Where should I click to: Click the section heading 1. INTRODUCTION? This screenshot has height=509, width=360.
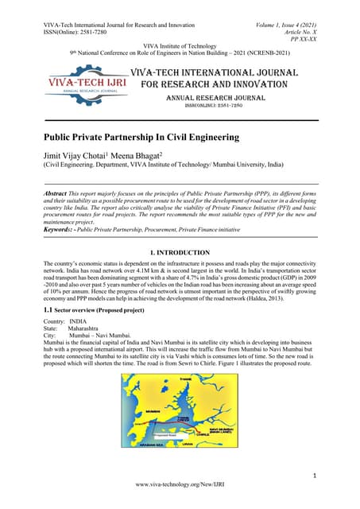click(x=180, y=252)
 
